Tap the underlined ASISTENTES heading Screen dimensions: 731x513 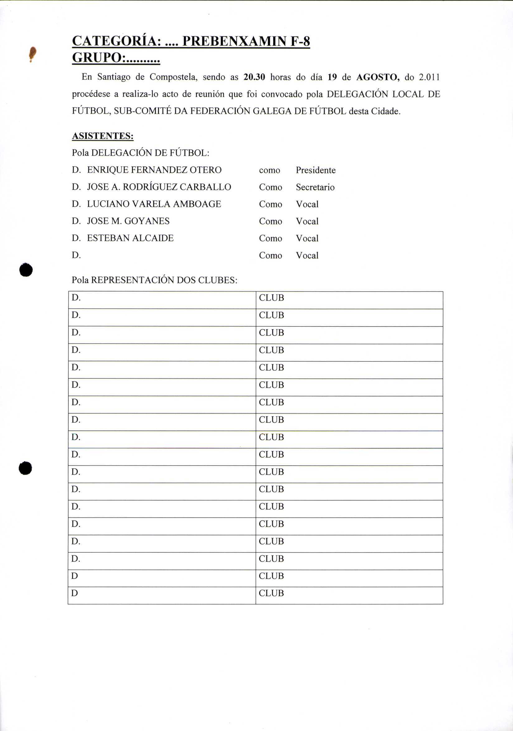click(x=102, y=136)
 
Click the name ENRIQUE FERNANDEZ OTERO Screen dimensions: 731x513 click(x=154, y=170)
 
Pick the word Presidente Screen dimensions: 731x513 click(x=316, y=170)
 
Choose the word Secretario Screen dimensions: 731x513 click(x=315, y=187)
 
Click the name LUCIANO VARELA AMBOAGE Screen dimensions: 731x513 click(x=154, y=204)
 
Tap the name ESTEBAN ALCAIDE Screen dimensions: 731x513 click(x=130, y=238)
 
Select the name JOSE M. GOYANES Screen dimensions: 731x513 click(x=128, y=221)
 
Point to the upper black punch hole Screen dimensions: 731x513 click(x=26, y=270)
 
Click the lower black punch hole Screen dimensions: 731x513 click(x=26, y=468)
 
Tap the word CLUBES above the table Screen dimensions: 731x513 click(x=217, y=280)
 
